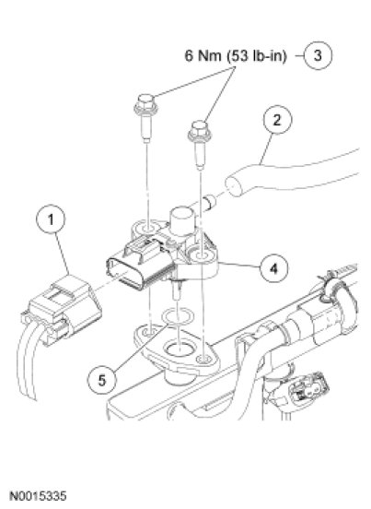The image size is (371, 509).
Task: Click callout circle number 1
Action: click(51, 219)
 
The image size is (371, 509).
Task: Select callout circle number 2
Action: click(277, 120)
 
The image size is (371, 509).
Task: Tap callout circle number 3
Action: click(318, 55)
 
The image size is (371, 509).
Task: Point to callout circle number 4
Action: click(273, 268)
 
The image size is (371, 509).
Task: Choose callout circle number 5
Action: click(102, 379)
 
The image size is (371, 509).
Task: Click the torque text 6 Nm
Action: click(203, 55)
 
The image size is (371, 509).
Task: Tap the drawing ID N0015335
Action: click(39, 496)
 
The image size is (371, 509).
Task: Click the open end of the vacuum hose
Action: click(235, 185)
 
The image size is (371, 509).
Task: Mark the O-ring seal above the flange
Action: click(178, 316)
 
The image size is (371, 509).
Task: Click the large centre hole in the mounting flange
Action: click(179, 349)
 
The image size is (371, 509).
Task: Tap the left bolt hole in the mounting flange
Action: click(148, 332)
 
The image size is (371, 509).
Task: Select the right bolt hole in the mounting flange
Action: click(204, 360)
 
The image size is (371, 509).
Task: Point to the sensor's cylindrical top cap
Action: click(183, 221)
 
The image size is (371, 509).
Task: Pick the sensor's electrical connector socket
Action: click(139, 265)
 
